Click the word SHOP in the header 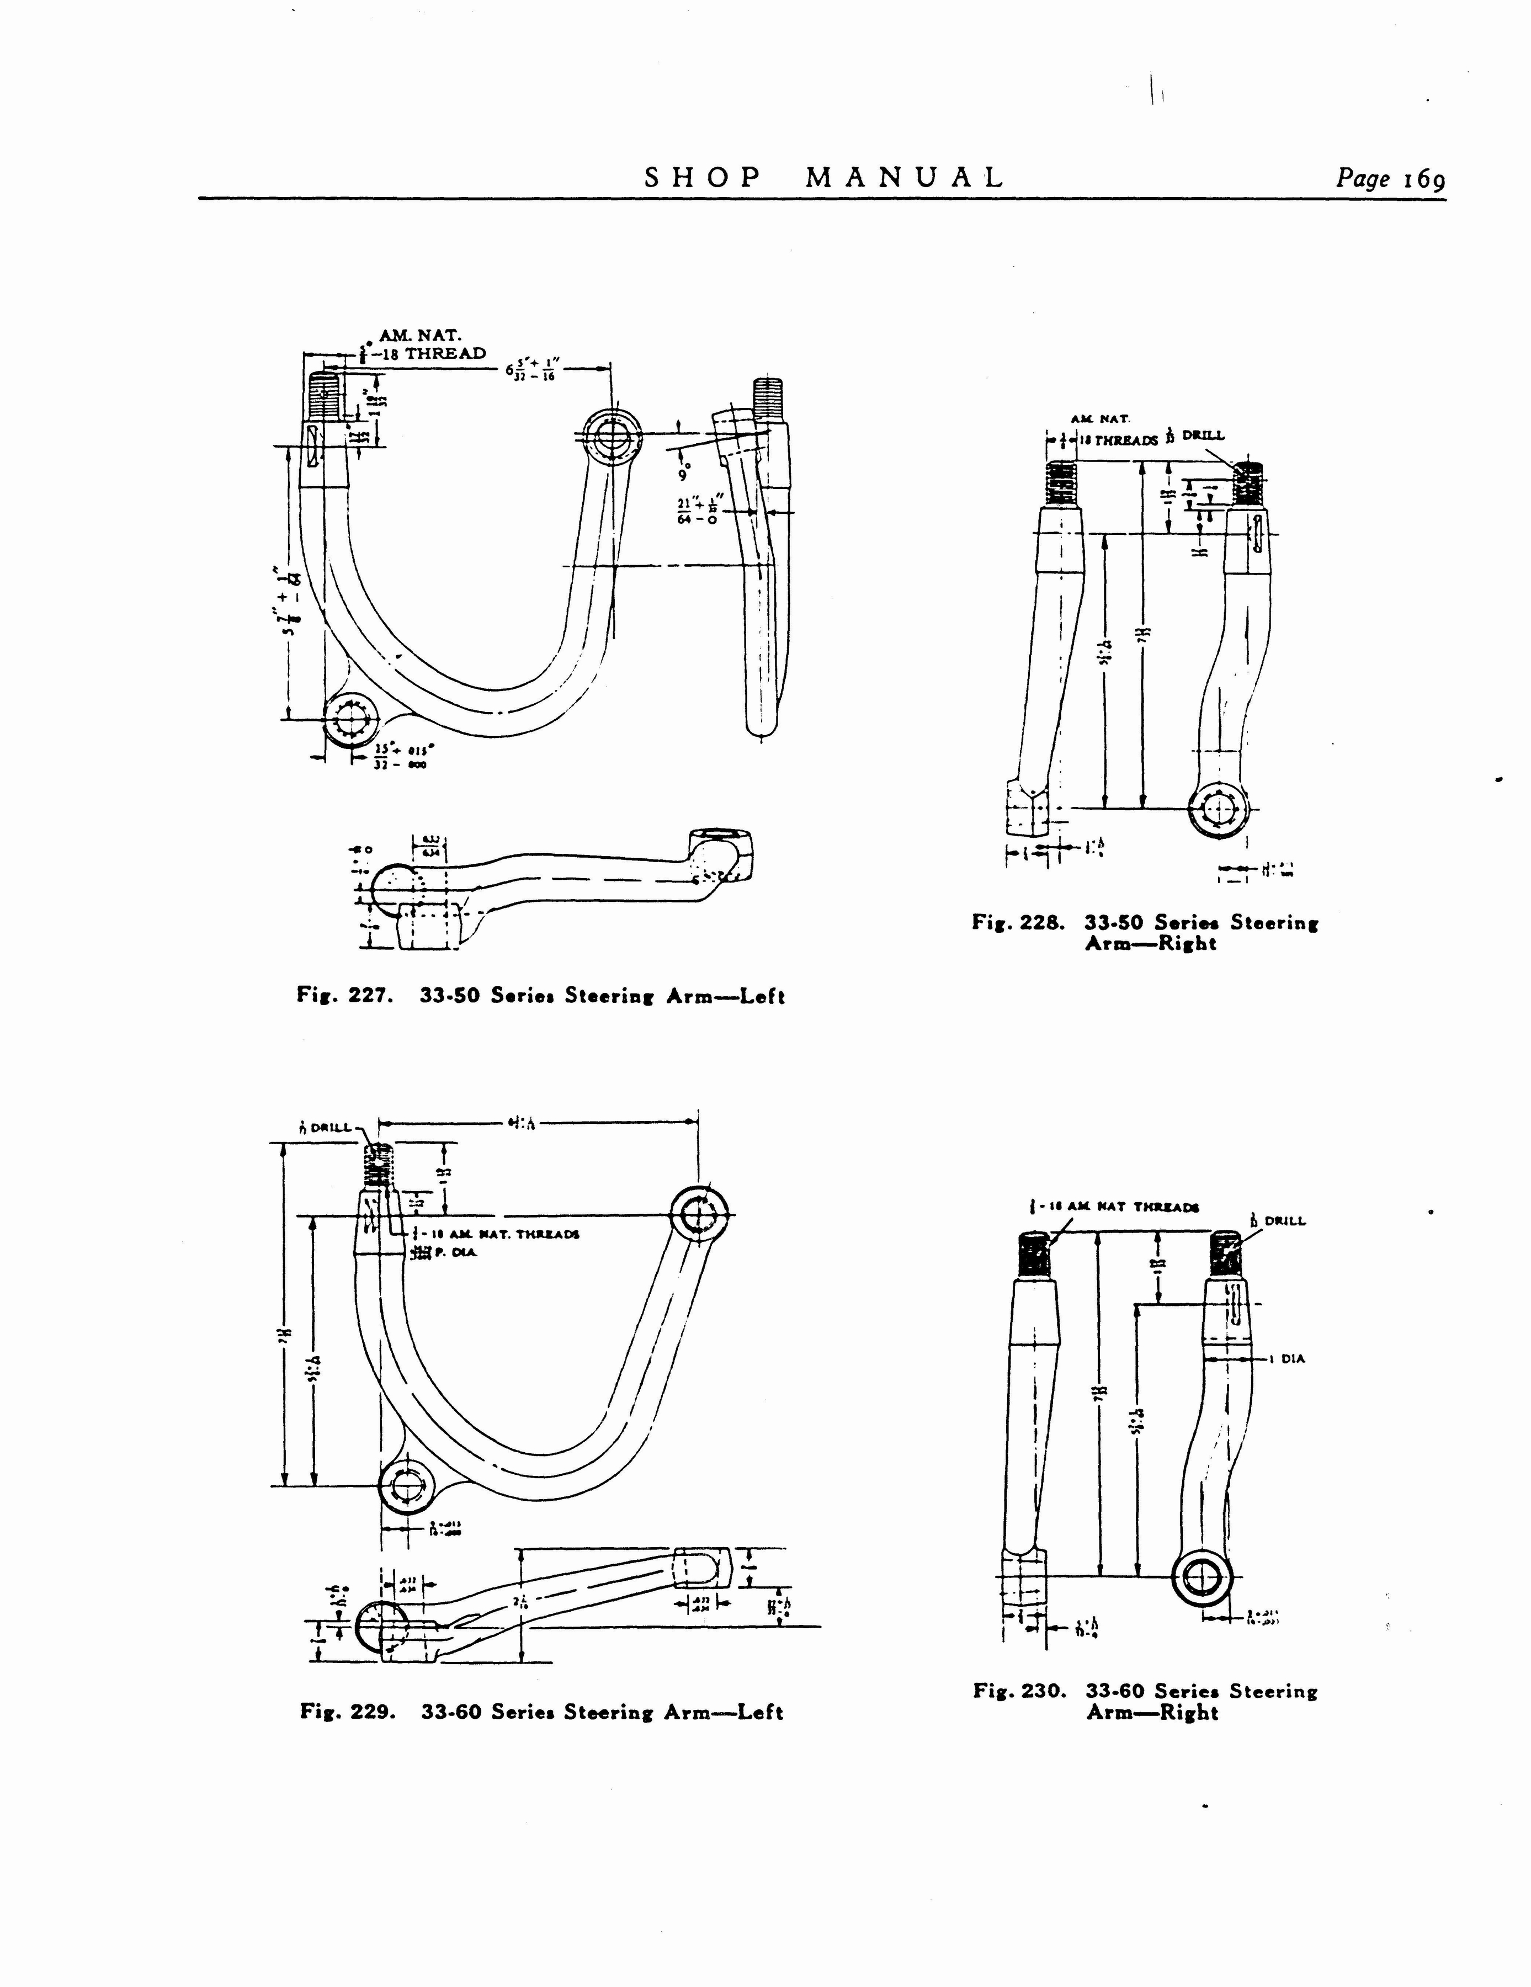click(x=701, y=177)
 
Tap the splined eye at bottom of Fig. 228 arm click(x=1219, y=808)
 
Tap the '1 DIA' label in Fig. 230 click(x=1292, y=1359)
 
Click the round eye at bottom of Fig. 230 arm click(x=1202, y=1575)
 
